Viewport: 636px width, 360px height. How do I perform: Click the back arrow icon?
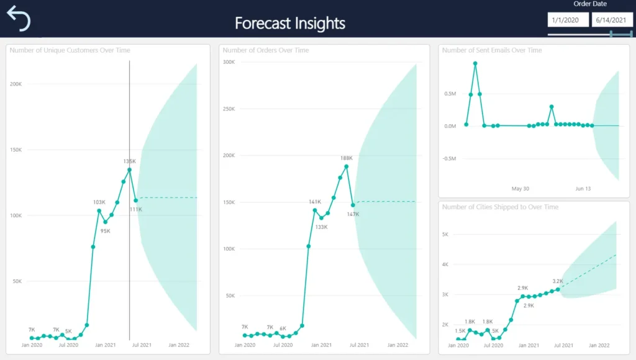[x=19, y=19]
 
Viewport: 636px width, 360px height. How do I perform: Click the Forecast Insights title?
[x=290, y=24]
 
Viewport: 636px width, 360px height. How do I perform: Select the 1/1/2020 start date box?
[x=567, y=20]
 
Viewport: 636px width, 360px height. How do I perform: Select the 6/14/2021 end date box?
[x=611, y=20]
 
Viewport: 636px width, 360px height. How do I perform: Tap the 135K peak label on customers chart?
[x=129, y=161]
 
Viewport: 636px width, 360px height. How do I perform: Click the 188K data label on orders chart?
[x=347, y=158]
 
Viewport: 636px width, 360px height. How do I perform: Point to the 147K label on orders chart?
[x=353, y=214]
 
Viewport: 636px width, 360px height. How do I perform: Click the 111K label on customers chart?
[x=136, y=209]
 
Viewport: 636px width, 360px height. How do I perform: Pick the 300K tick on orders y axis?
[x=228, y=62]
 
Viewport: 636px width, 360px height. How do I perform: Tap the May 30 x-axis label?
[x=520, y=189]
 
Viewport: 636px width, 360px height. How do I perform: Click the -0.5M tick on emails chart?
[x=450, y=158]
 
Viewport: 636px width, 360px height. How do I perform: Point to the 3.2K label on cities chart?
[x=557, y=281]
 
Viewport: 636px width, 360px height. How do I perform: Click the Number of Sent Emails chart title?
[x=492, y=50]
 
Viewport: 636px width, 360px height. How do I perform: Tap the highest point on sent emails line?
[x=475, y=63]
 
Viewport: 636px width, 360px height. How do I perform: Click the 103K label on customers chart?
[x=99, y=202]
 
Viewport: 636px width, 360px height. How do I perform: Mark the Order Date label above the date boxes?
[x=590, y=4]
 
